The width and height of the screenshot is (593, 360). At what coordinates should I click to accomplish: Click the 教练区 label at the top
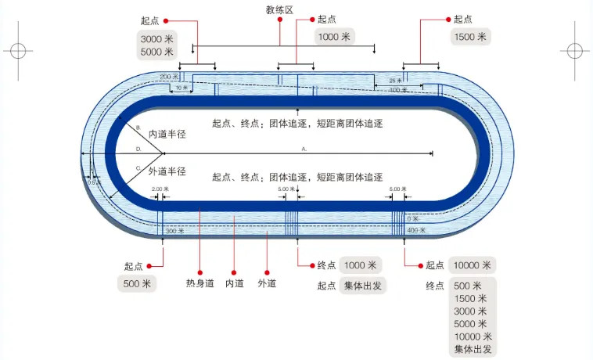[279, 9]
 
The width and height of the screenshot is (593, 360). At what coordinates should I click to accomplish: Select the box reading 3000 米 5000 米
[156, 45]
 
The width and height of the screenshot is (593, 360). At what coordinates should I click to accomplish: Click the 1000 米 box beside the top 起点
[335, 37]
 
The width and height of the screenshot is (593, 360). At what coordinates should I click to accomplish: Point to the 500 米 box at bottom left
[136, 283]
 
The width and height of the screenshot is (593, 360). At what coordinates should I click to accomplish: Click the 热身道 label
[199, 283]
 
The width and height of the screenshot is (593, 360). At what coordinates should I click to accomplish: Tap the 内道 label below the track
[235, 283]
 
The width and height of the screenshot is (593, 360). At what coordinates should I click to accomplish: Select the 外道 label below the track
[268, 283]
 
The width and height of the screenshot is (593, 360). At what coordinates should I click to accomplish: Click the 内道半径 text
[167, 134]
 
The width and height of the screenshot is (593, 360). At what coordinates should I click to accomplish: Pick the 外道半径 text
[167, 171]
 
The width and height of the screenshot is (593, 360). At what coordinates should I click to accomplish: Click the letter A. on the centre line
[304, 148]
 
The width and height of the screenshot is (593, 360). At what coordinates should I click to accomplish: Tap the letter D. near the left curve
[138, 148]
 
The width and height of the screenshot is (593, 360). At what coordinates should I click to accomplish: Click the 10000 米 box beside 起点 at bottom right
[472, 265]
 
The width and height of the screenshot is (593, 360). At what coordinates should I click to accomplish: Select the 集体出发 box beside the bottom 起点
[364, 286]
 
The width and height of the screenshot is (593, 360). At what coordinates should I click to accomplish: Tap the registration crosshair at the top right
[574, 51]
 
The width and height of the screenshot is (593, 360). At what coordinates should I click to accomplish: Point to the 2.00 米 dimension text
[160, 189]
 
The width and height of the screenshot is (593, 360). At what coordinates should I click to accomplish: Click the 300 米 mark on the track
[174, 231]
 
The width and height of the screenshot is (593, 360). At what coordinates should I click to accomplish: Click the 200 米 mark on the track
[167, 77]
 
